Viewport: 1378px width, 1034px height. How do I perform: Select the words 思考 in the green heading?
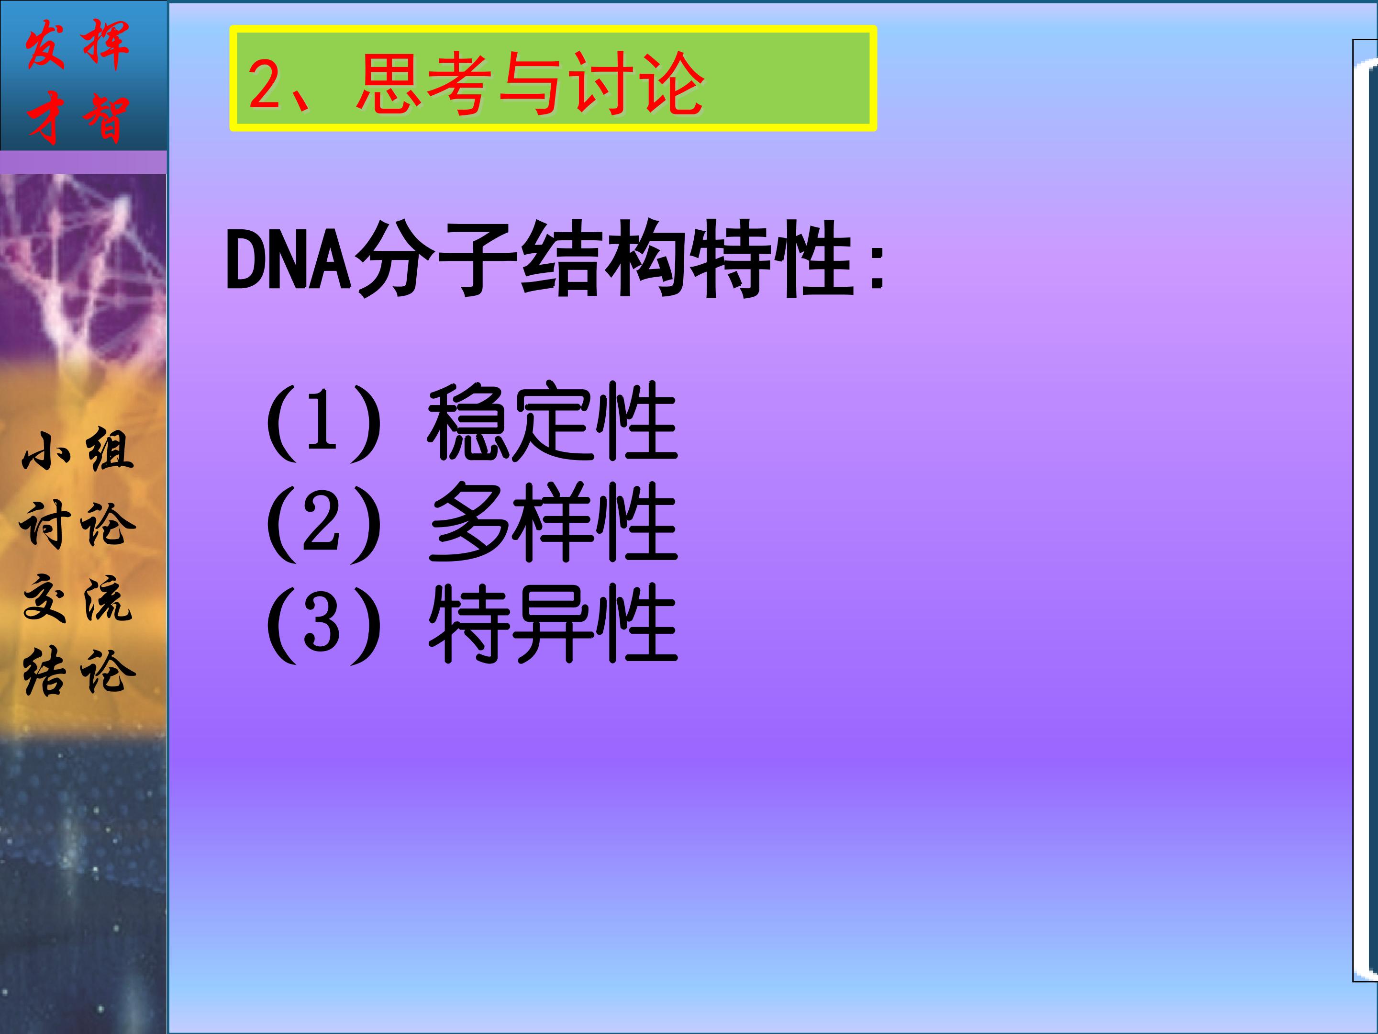pos(421,84)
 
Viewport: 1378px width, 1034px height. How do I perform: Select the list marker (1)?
pos(322,423)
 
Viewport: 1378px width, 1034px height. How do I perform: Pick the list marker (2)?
pos(322,524)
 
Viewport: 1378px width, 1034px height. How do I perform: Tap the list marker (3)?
pos(322,624)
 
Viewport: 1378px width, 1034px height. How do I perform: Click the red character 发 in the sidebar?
pos(45,44)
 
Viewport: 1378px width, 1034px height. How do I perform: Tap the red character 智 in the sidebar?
pos(106,118)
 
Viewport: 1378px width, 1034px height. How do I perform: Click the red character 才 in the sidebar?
pos(45,118)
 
